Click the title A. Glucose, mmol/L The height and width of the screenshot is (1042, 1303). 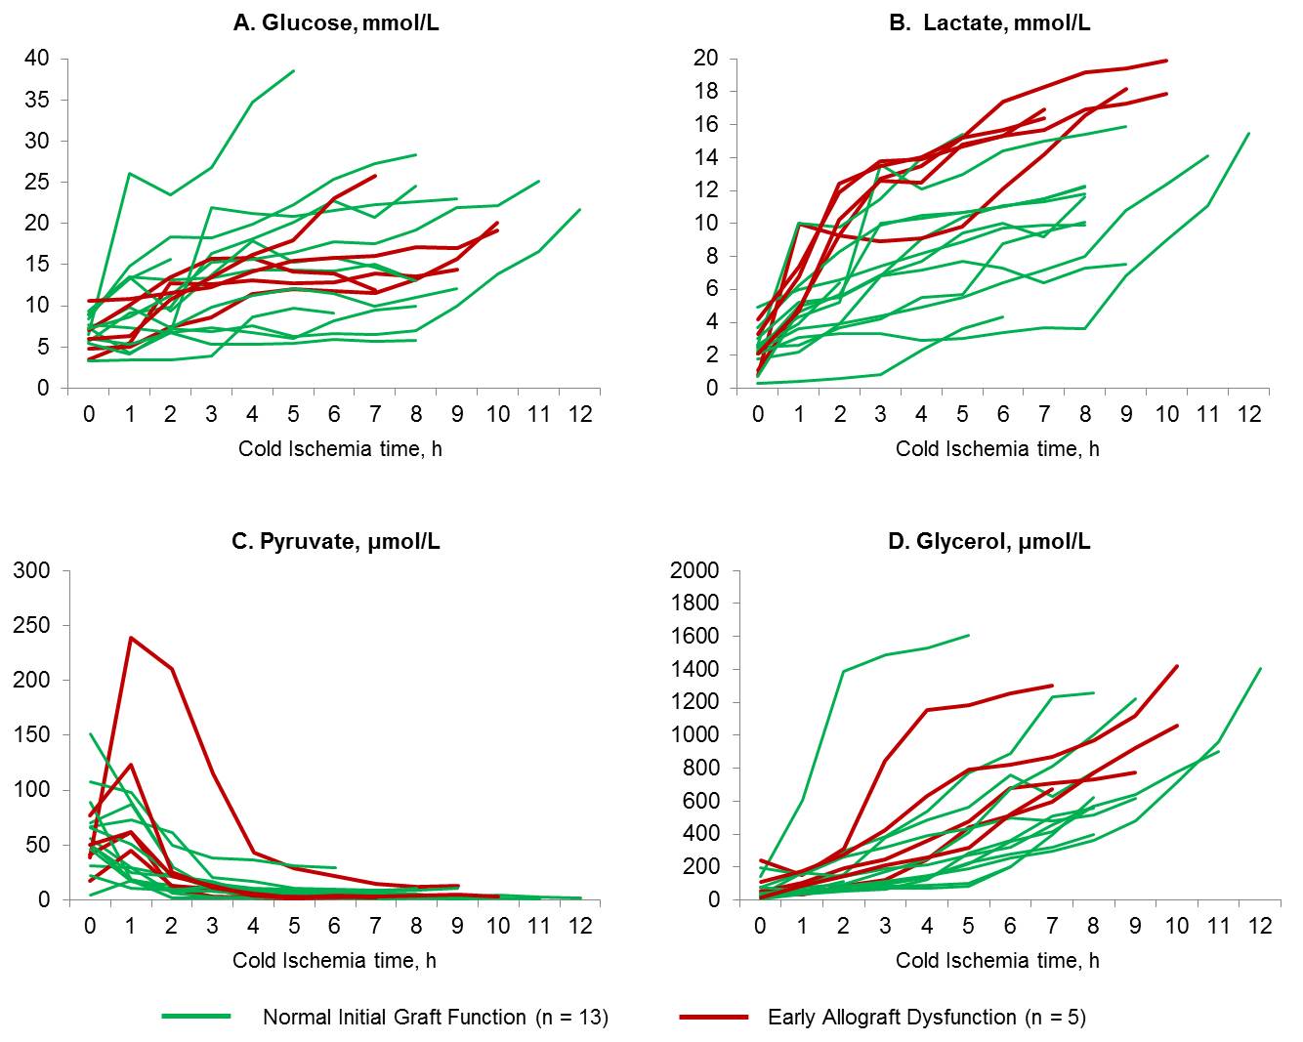(336, 22)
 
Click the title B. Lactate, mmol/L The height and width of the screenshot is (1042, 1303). (989, 22)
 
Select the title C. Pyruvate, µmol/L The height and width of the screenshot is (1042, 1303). (336, 541)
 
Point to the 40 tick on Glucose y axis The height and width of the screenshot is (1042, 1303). (37, 59)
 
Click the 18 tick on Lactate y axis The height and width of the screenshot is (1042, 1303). (705, 92)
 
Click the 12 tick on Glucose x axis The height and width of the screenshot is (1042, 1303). (580, 414)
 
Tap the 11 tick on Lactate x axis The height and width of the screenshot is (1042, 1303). (1208, 414)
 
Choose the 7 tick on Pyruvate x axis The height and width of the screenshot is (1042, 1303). (375, 925)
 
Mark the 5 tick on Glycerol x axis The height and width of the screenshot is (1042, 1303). (968, 925)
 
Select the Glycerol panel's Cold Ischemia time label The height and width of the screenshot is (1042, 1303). (997, 961)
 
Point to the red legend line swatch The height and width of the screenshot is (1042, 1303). (713, 1018)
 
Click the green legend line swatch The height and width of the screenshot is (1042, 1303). (196, 1018)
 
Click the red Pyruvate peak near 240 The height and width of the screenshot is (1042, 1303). (130, 638)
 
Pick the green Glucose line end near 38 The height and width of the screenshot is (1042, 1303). (294, 70)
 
